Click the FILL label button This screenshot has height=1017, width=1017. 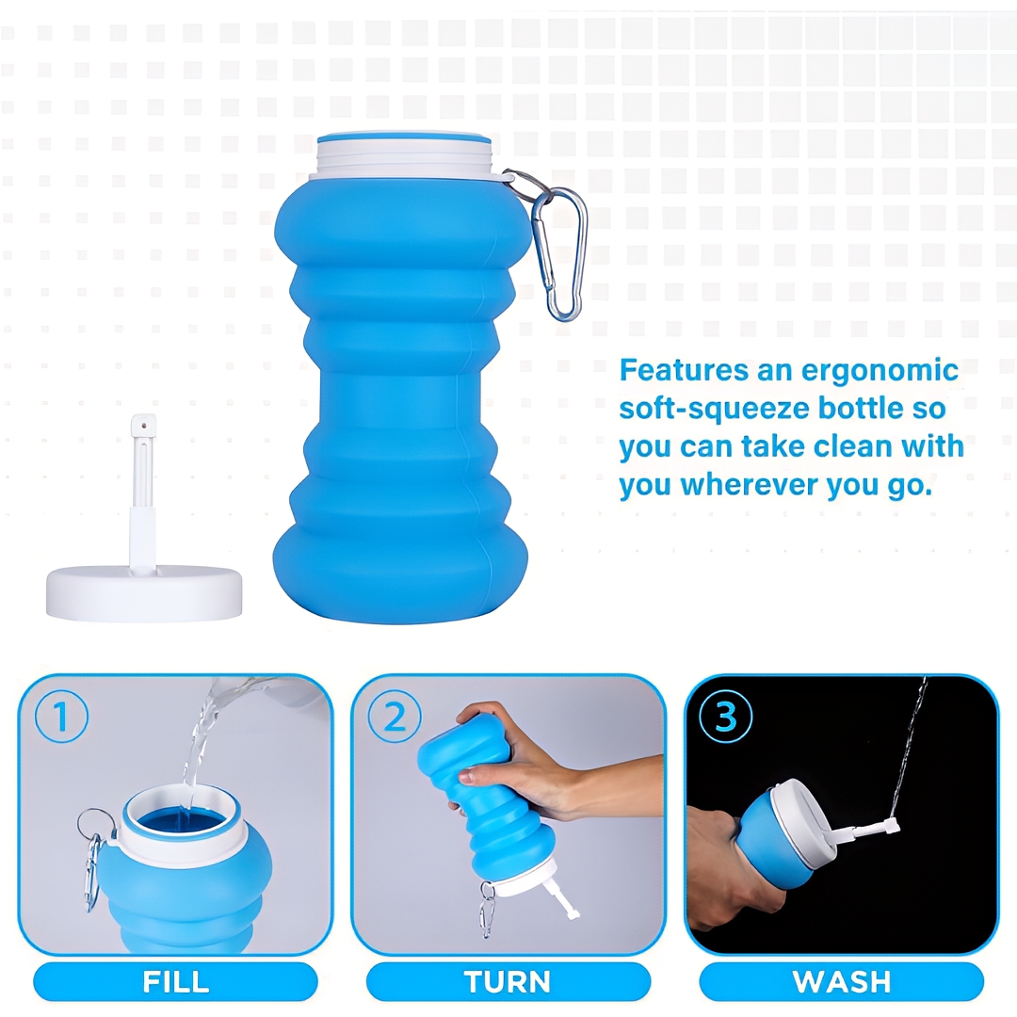(176, 981)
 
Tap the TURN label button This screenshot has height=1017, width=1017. (508, 981)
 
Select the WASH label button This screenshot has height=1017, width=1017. (841, 981)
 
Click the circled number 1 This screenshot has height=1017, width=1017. (61, 717)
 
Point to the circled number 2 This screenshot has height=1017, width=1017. (395, 717)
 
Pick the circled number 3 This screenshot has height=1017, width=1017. (726, 717)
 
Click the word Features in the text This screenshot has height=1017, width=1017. (685, 370)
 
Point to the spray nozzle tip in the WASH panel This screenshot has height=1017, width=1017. (893, 825)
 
